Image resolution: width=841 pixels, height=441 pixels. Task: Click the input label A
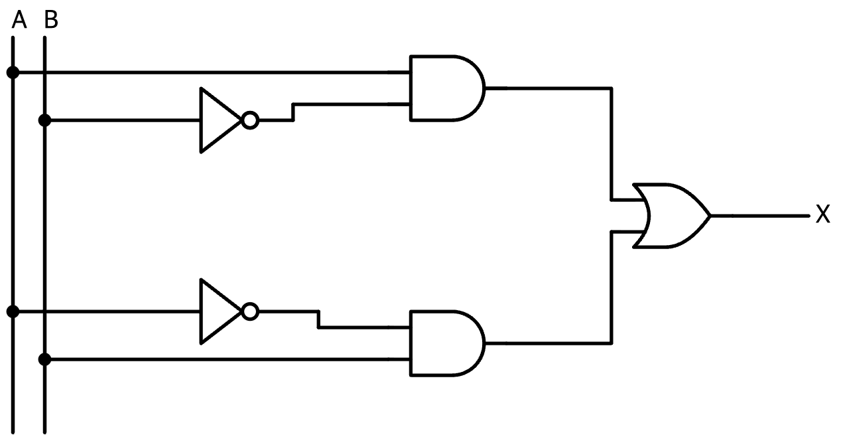tap(19, 20)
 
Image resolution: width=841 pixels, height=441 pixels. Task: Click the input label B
tap(51, 20)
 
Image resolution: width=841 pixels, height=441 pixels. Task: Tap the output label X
tap(822, 215)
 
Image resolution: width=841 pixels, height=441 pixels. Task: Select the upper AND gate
tap(447, 88)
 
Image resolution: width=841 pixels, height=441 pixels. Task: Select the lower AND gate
tap(447, 343)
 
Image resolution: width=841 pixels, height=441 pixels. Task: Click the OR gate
tap(672, 216)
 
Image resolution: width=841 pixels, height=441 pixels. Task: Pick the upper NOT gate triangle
tap(220, 120)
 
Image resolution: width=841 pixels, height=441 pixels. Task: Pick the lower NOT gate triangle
tap(220, 311)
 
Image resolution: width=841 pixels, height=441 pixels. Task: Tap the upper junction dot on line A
tap(13, 72)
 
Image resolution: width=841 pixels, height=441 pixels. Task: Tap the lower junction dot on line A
tap(13, 311)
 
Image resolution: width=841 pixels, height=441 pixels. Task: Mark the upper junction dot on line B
tap(44, 120)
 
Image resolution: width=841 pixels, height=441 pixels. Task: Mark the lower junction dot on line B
tap(44, 359)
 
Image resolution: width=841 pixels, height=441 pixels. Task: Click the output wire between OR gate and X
tap(760, 216)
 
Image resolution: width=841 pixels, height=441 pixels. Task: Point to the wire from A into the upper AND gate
tap(212, 72)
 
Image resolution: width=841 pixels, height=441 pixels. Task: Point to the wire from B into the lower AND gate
tap(227, 360)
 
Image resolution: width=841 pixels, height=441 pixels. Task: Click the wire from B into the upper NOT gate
tap(123, 120)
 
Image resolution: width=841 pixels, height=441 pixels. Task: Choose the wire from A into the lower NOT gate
tap(107, 311)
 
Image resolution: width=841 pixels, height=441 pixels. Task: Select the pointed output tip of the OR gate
tap(710, 216)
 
